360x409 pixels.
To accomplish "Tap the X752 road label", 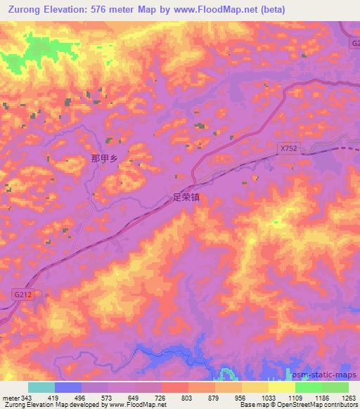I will (288, 149).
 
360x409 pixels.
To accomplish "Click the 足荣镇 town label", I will (186, 198).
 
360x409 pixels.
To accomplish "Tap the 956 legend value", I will (242, 397).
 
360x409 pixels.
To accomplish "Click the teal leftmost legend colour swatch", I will (41, 387).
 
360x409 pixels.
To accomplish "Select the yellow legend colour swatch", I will (281, 387).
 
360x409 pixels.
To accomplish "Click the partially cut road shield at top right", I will (355, 44).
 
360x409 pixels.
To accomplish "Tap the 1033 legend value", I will (268, 397).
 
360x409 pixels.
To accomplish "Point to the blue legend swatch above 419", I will (68, 387).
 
